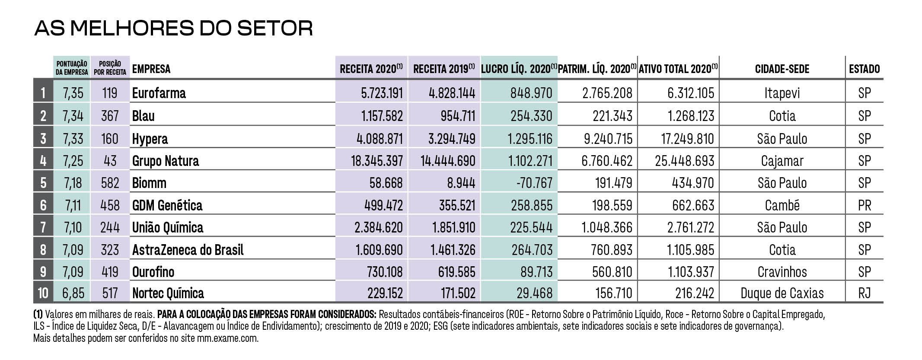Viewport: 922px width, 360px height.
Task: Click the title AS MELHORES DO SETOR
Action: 173,28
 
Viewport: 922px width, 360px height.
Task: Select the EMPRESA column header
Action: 151,69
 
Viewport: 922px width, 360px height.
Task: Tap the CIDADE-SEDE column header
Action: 782,69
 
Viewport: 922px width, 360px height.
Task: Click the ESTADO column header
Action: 864,69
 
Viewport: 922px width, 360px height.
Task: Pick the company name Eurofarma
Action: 159,93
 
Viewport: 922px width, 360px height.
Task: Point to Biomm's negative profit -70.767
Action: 534,183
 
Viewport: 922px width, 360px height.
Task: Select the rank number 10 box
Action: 43,293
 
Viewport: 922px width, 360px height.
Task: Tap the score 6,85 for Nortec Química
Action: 73,293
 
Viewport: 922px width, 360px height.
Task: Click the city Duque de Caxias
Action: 782,293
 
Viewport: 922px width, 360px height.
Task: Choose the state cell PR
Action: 864,205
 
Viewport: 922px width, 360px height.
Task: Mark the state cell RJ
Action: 864,293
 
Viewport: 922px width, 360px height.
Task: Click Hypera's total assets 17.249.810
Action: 687,139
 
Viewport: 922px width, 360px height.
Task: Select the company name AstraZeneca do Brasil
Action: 188,250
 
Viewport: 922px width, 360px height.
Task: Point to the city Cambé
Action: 782,205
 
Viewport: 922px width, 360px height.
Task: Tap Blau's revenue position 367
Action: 110,116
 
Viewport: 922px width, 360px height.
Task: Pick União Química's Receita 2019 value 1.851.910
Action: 454,227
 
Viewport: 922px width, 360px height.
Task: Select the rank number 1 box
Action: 43,93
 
